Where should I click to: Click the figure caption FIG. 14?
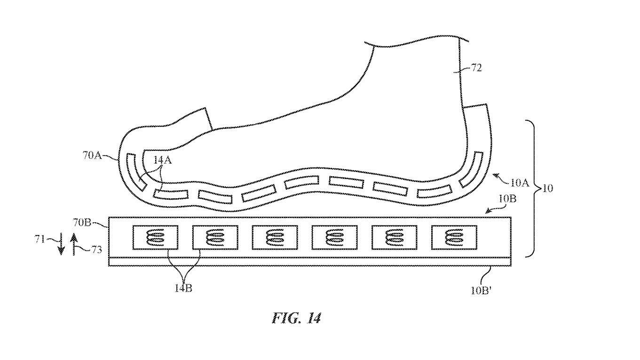click(296, 319)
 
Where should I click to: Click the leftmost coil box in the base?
click(155, 237)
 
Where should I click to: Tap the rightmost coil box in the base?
click(454, 237)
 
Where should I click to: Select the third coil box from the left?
click(275, 237)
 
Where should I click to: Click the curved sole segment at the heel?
click(471, 170)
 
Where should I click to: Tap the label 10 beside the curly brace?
click(547, 188)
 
